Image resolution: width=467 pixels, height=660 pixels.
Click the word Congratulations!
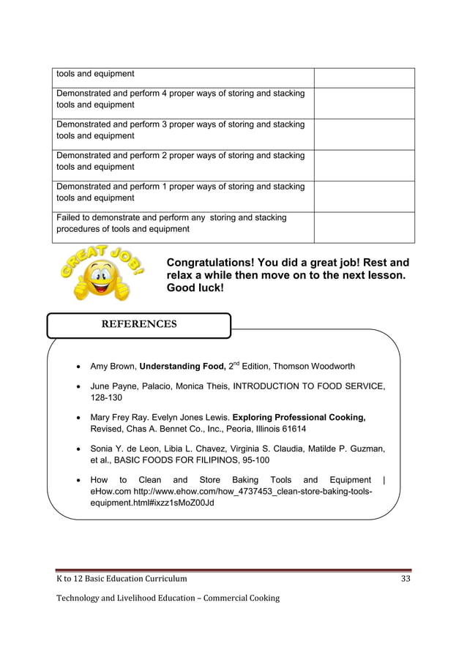pyautogui.click(x=214, y=263)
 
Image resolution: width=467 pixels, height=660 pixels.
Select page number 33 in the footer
pyautogui.click(x=406, y=579)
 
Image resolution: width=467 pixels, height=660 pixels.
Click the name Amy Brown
pyautogui.click(x=112, y=366)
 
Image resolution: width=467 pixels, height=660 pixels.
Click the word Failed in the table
pyautogui.click(x=70, y=217)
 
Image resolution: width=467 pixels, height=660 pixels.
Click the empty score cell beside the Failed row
pyautogui.click(x=364, y=227)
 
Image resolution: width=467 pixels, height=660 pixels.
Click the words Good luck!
pyautogui.click(x=195, y=288)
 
